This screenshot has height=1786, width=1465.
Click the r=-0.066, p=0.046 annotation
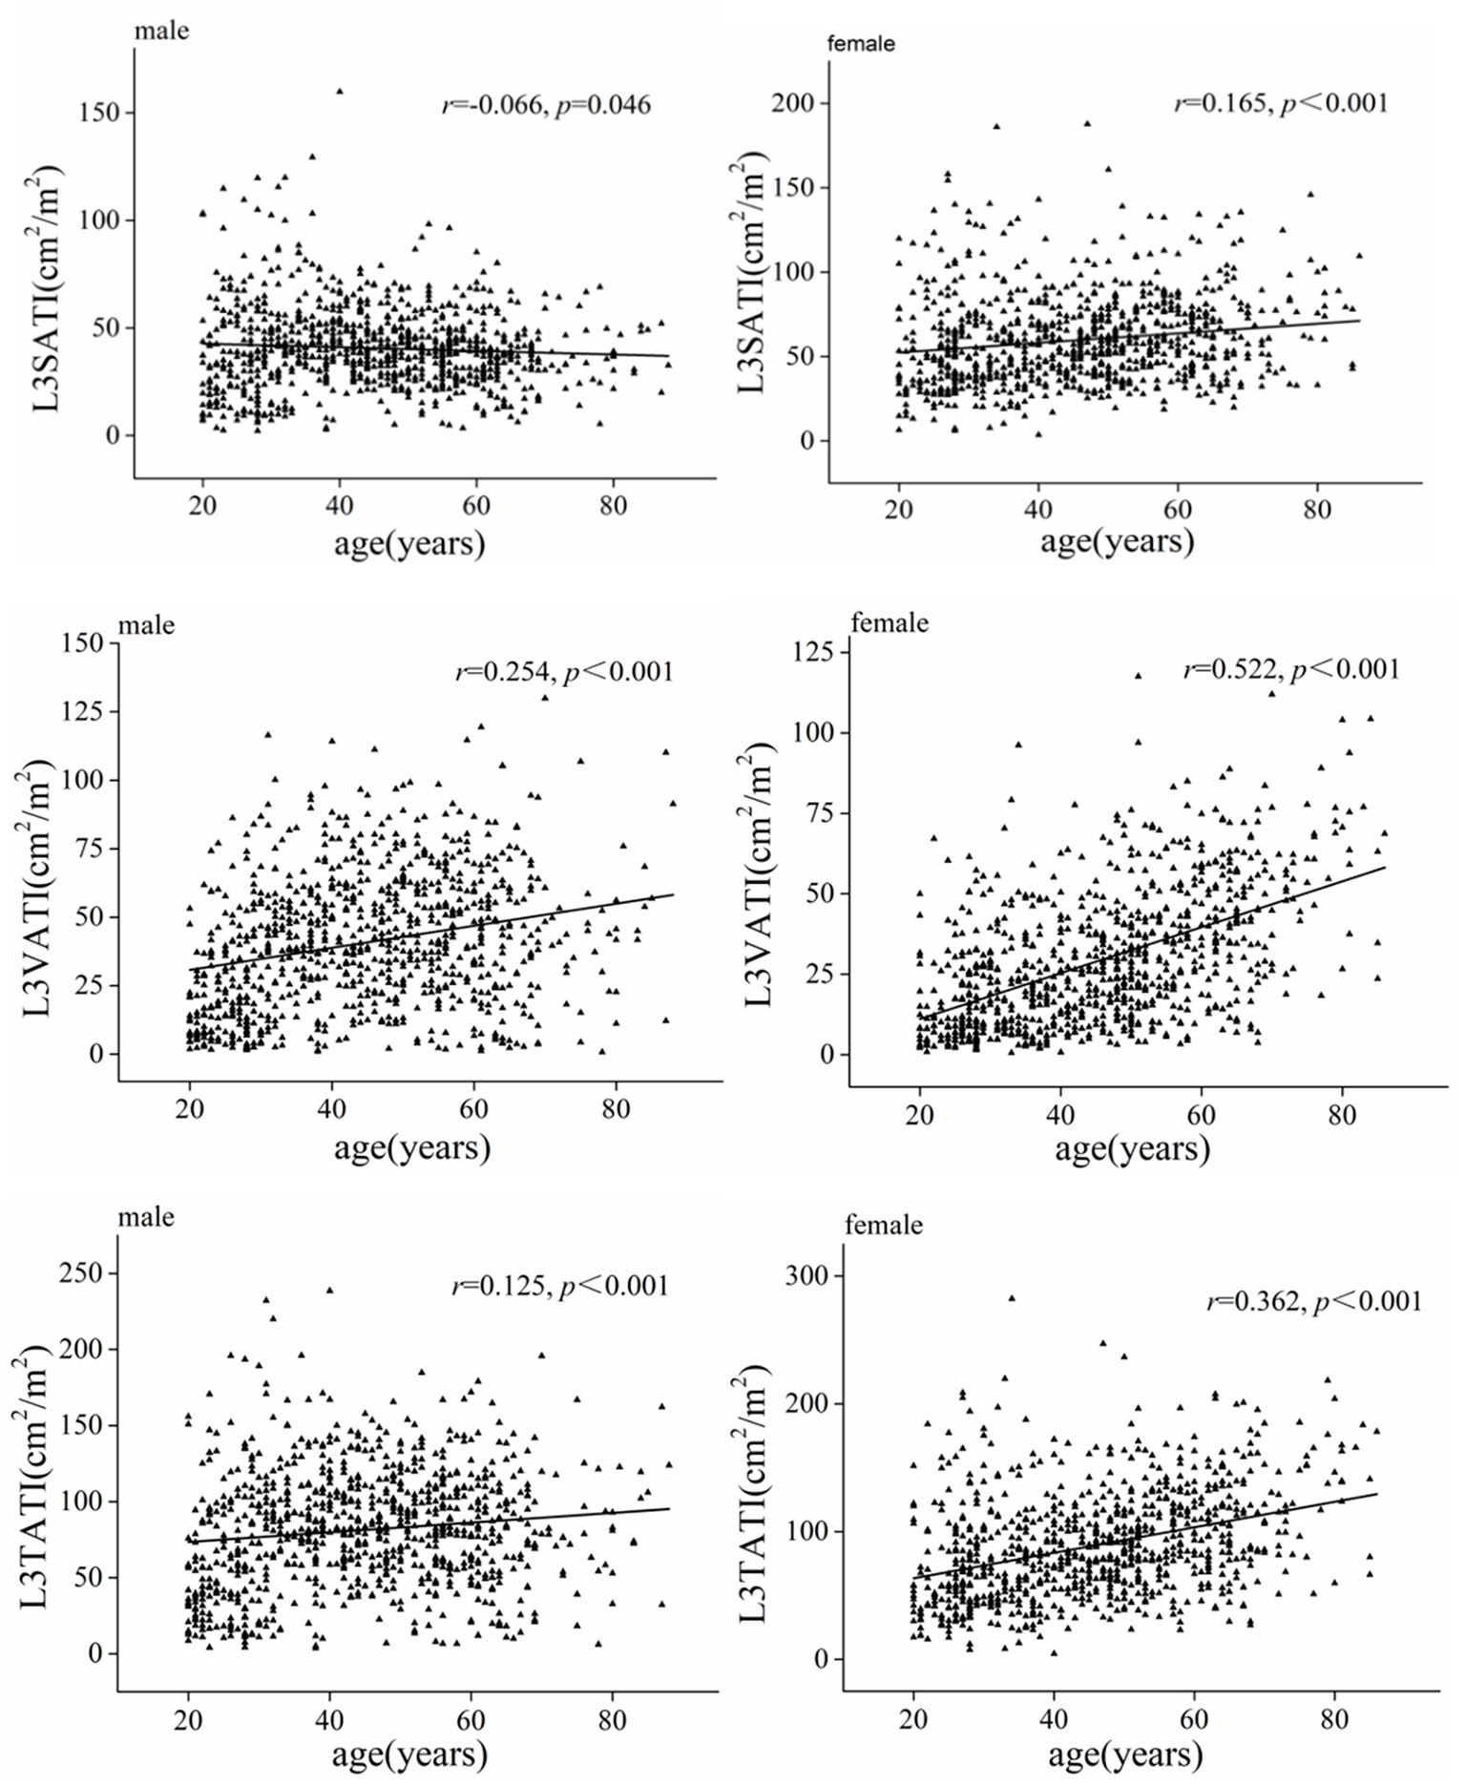click(x=546, y=104)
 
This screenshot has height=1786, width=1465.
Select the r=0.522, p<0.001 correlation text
click(x=1291, y=669)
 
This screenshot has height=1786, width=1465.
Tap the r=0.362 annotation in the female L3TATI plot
click(x=1314, y=1300)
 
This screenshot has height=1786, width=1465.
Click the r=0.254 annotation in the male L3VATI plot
click(x=564, y=672)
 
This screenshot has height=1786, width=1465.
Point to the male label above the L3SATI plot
click(x=161, y=31)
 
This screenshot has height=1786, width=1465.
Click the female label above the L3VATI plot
click(x=889, y=623)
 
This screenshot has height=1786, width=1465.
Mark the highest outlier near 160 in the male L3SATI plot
click(x=339, y=92)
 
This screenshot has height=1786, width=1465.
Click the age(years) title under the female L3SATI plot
click(x=1116, y=542)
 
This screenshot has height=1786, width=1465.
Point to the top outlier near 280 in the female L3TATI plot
click(x=1012, y=1298)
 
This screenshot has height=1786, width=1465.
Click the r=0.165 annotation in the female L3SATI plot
click(x=1281, y=102)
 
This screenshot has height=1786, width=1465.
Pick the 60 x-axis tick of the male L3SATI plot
click(x=475, y=505)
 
